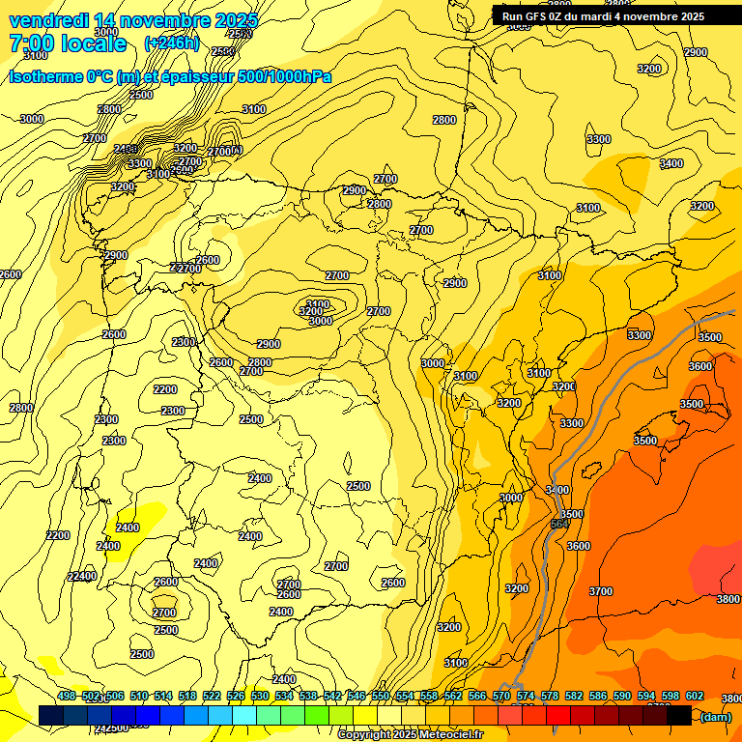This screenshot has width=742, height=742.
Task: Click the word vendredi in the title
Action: click(x=49, y=20)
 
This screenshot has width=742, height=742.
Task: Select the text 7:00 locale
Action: click(x=68, y=43)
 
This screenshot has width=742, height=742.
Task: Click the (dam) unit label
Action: click(x=715, y=717)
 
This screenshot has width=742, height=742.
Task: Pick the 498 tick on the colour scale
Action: click(x=67, y=696)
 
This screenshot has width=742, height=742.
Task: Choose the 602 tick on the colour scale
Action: click(x=695, y=696)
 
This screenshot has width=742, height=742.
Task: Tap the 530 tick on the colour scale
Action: click(x=260, y=696)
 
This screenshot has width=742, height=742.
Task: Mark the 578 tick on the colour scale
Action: click(x=550, y=696)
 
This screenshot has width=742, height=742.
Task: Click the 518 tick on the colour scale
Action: click(x=187, y=696)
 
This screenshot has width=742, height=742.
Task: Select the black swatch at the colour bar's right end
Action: click(x=678, y=715)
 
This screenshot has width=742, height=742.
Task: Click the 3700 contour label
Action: click(x=601, y=591)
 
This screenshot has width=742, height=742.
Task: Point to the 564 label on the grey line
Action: click(x=558, y=524)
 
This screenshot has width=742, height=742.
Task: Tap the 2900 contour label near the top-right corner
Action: click(x=695, y=52)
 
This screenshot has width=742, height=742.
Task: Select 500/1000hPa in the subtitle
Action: click(x=284, y=76)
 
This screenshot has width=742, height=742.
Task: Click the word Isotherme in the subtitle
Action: click(x=45, y=76)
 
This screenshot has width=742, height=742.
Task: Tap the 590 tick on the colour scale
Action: click(x=622, y=696)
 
